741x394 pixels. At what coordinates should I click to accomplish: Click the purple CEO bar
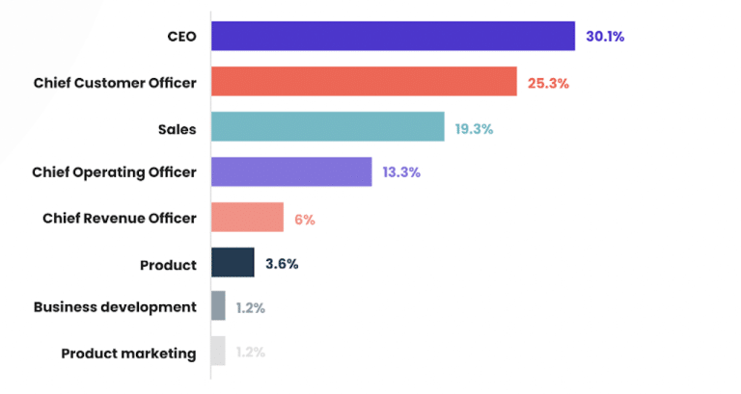tap(393, 37)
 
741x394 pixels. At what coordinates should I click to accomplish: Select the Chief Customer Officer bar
tap(364, 82)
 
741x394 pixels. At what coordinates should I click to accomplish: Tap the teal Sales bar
tap(327, 127)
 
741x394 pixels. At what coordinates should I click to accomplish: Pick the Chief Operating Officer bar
tap(291, 171)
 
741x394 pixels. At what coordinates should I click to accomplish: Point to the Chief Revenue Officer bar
tap(247, 218)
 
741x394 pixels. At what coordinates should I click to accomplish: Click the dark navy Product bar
tap(233, 263)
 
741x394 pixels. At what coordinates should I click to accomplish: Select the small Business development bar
tap(218, 307)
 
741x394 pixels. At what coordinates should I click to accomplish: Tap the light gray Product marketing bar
tap(218, 352)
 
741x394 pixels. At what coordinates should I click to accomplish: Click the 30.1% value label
tap(605, 38)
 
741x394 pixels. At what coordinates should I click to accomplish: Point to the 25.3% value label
tap(548, 83)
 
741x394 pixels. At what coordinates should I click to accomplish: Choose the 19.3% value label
tap(476, 128)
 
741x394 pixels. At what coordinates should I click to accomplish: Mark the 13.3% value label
tap(401, 172)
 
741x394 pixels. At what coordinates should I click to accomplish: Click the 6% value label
tap(305, 219)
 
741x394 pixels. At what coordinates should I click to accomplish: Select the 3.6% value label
tap(282, 264)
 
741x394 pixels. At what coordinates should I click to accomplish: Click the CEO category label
tap(181, 38)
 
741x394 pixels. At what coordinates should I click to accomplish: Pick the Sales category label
tap(177, 128)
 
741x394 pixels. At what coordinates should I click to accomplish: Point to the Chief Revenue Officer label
tap(119, 219)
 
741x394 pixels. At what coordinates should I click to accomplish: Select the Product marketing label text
tap(128, 354)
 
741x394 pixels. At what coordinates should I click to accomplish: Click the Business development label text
tap(115, 308)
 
